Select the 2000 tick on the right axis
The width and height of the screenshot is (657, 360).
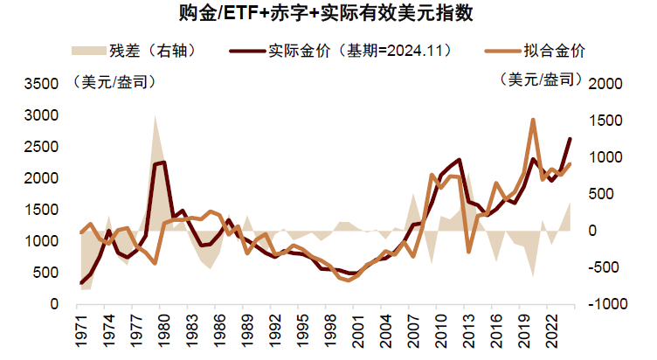pyautogui.click(x=607, y=84)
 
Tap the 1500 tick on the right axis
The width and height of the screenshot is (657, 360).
pyautogui.click(x=607, y=121)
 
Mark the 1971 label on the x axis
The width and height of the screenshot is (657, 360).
pyautogui.click(x=81, y=334)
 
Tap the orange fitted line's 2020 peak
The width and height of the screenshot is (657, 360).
pyautogui.click(x=532, y=121)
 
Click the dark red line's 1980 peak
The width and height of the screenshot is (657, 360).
pyautogui.click(x=163, y=163)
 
